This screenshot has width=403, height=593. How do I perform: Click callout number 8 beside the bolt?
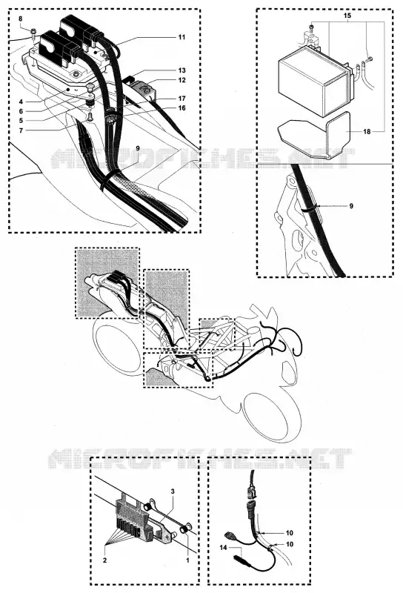coord(21,19)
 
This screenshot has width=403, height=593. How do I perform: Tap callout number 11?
coord(181,37)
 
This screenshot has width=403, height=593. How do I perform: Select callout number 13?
coord(181,70)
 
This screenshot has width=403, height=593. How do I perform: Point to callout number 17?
coord(181,99)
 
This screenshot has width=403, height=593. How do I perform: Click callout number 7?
coord(21,130)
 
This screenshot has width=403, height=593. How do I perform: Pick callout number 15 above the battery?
coord(347,16)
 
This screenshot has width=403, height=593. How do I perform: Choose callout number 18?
coord(367,132)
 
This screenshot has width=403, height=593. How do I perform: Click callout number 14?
coord(224,547)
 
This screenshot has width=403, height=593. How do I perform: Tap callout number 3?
coord(173,491)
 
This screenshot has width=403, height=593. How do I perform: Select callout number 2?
coord(104,560)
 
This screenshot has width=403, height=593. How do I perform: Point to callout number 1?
coord(187,560)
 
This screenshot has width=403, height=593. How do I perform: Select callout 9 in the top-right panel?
coord(351,206)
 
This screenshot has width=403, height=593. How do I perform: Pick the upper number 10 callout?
coord(289,533)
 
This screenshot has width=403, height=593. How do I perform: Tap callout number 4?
coord(21,102)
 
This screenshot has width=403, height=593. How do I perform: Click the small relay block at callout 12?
coord(143,90)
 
